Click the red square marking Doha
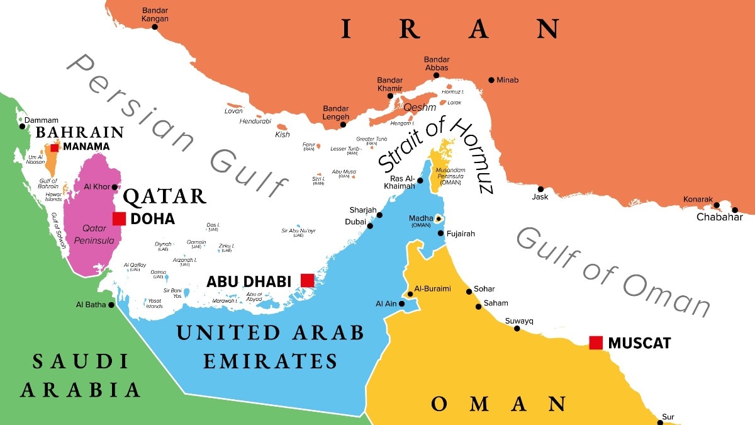119,219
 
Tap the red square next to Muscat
596,343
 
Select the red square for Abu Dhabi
307,280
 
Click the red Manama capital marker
55,147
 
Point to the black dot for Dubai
371,225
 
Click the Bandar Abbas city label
437,64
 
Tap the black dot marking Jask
540,188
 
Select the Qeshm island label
420,107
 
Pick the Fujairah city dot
440,234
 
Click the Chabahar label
719,218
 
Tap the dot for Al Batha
111,305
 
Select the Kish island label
283,134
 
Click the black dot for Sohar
469,292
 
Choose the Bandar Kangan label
155,14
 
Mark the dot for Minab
491,80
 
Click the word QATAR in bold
164,196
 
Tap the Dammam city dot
23,127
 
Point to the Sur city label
668,417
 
